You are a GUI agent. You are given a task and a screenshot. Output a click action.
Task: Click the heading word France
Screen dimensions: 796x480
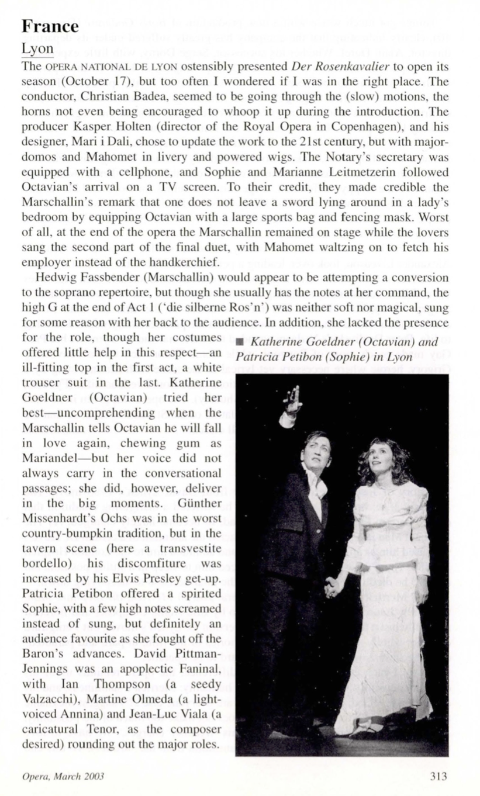[x=50, y=26]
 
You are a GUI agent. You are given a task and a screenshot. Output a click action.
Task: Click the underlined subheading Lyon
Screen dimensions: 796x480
[x=37, y=50]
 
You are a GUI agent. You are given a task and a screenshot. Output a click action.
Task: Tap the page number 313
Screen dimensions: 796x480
[x=438, y=776]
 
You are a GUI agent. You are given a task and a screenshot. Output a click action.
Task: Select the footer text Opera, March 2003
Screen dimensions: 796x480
[x=63, y=777]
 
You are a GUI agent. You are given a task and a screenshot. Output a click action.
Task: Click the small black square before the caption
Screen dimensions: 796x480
[x=240, y=342]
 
